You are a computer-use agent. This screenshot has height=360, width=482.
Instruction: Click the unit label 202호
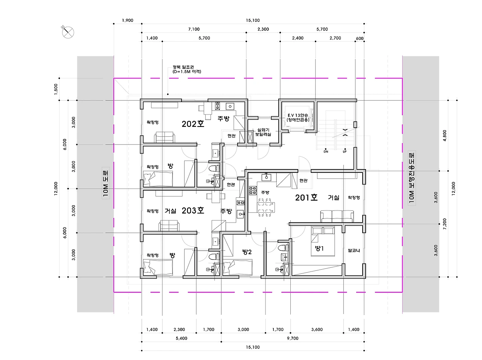tap(193, 124)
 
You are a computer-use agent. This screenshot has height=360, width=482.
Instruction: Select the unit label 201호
tap(306, 198)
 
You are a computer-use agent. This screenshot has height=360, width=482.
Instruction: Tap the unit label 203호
tap(193, 211)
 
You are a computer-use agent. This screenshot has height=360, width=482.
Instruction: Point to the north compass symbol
tap(68, 32)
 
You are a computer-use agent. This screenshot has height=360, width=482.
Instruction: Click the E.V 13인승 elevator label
tap(298, 117)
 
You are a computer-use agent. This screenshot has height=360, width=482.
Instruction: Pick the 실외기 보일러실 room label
tap(263, 132)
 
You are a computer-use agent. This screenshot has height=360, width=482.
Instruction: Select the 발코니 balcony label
tap(354, 250)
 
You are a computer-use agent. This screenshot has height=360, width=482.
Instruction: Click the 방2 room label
tap(247, 252)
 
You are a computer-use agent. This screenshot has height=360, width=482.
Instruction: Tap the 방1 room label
tap(319, 249)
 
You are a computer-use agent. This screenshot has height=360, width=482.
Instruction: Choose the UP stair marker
tap(345, 152)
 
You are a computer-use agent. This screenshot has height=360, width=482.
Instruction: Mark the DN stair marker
tap(326, 152)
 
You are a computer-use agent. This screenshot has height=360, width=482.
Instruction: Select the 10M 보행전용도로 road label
tap(412, 178)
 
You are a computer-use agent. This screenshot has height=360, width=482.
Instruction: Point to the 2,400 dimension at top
tap(297, 38)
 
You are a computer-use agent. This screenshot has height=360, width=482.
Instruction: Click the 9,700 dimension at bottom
tap(293, 338)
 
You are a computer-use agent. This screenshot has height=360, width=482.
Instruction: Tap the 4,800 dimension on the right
tap(445, 136)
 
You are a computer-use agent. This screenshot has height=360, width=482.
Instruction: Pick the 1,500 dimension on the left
tap(56, 89)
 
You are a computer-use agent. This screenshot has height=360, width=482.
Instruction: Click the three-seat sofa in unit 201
tap(337, 217)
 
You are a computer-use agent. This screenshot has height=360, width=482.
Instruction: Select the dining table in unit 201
tap(266, 207)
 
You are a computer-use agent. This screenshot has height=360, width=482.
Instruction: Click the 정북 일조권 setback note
tap(187, 69)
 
